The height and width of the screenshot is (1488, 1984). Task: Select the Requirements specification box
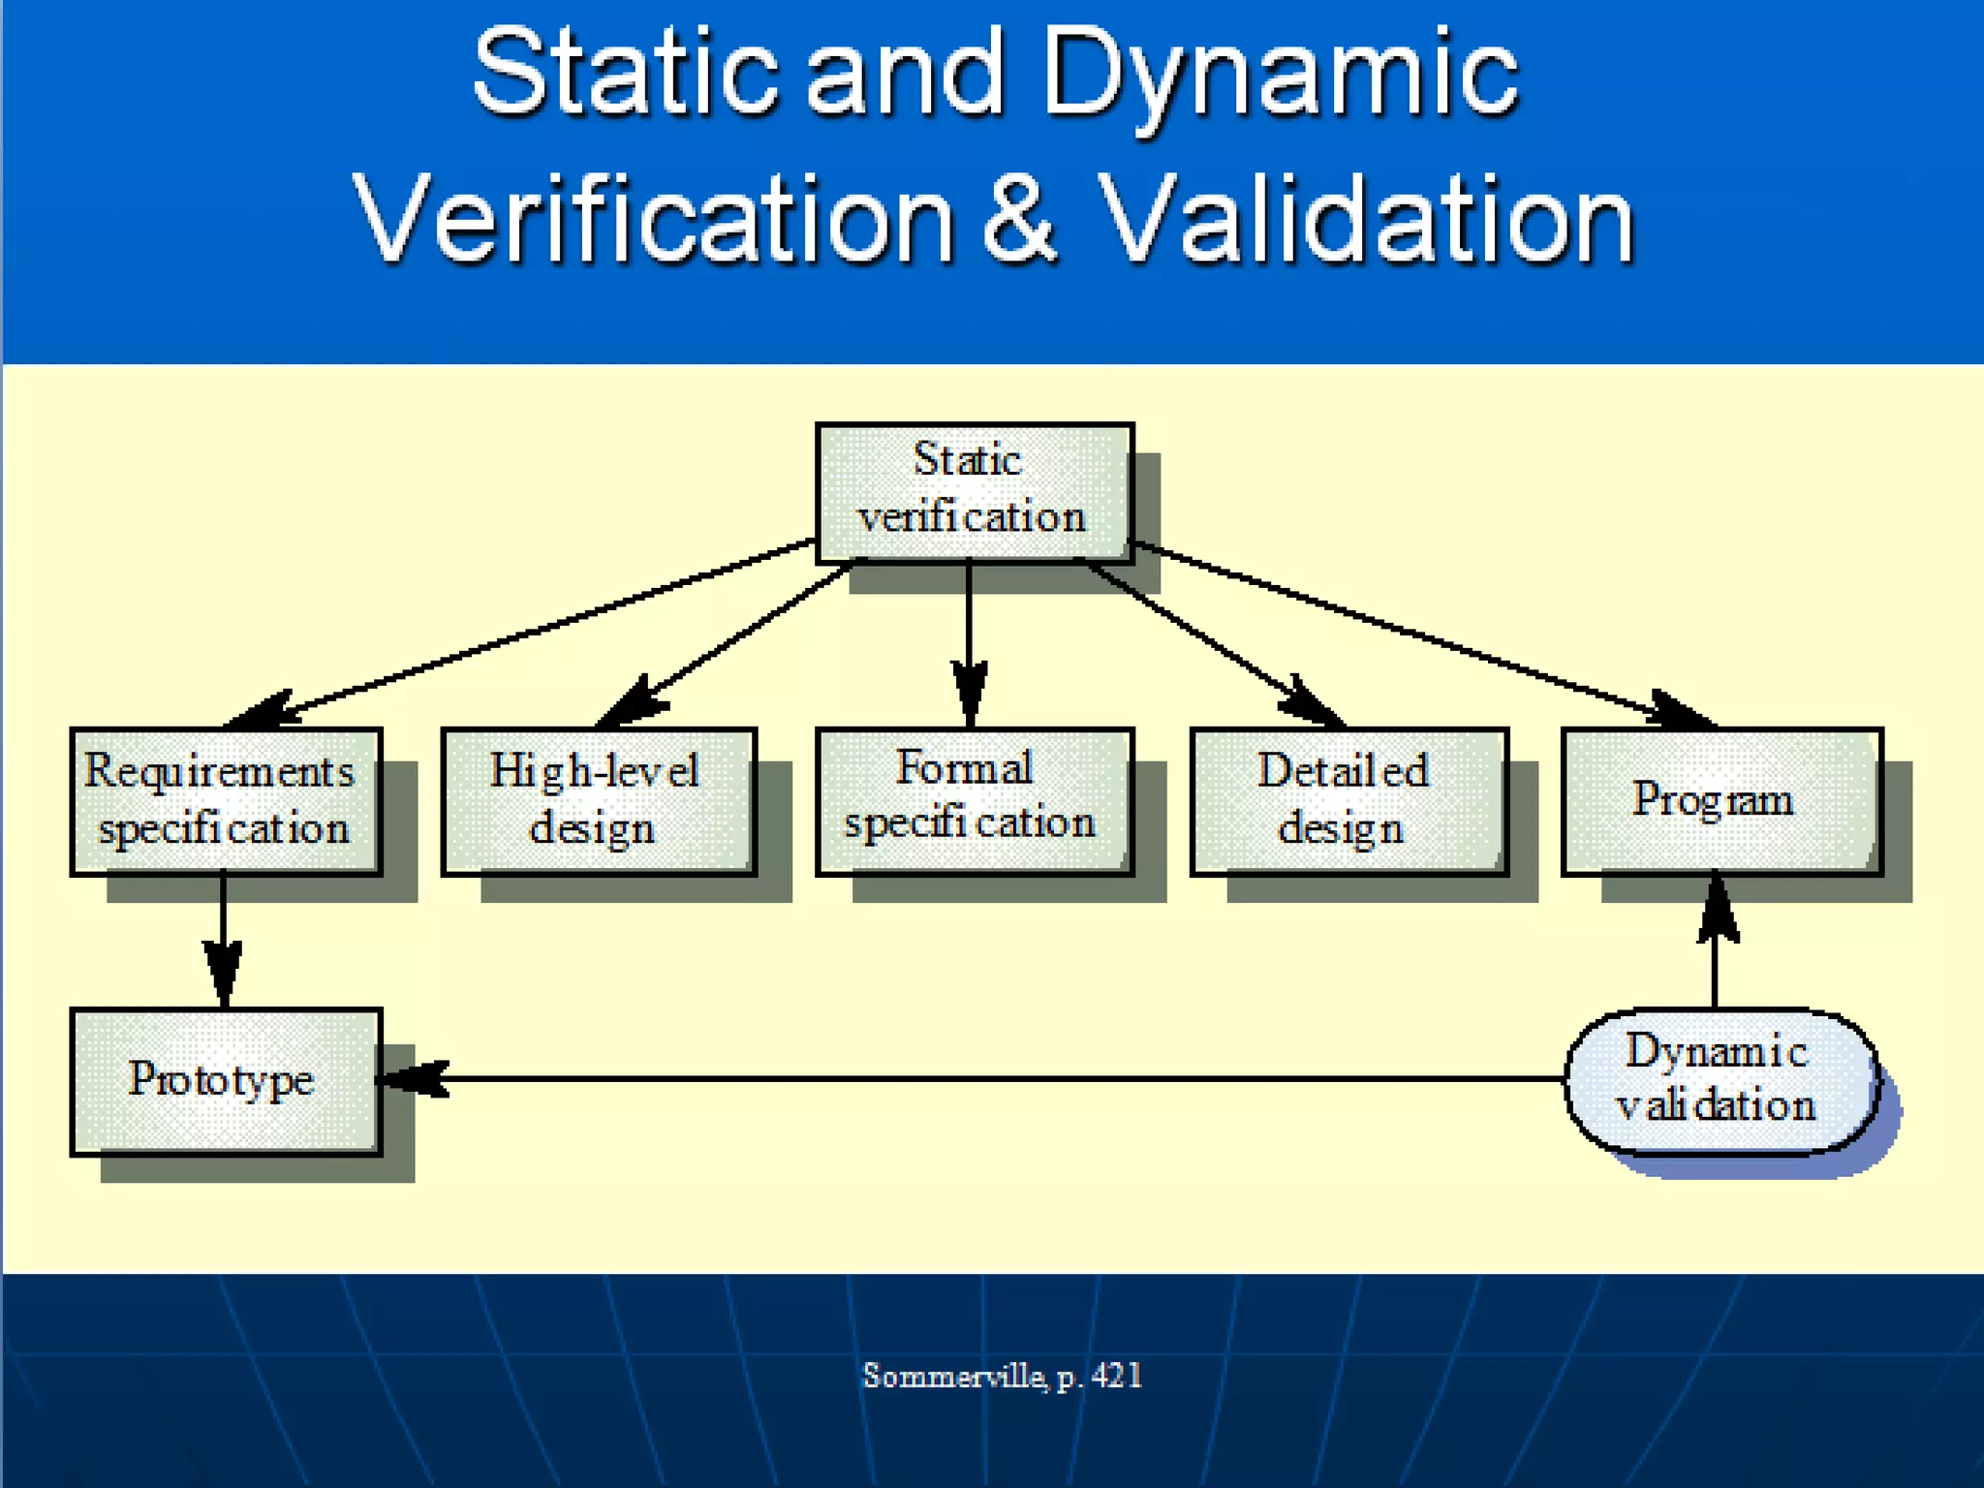coord(226,801)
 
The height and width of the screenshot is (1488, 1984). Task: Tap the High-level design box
coord(598,801)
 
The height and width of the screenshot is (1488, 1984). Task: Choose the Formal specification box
coord(974,801)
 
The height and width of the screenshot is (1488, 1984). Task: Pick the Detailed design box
coord(1348,801)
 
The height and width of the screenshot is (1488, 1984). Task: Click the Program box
coord(1721,801)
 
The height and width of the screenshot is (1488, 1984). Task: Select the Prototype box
coord(226,1081)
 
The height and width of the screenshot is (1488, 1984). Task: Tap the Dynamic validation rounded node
coord(1720,1080)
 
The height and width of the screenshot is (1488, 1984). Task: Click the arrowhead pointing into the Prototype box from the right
coord(412,1078)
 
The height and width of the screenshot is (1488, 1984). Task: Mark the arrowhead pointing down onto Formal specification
coord(970,693)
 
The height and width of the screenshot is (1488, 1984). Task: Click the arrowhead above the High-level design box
coord(635,700)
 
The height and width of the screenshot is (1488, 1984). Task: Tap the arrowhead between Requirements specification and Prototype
coord(224,972)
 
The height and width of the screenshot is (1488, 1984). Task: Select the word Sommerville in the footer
coord(953,1376)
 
